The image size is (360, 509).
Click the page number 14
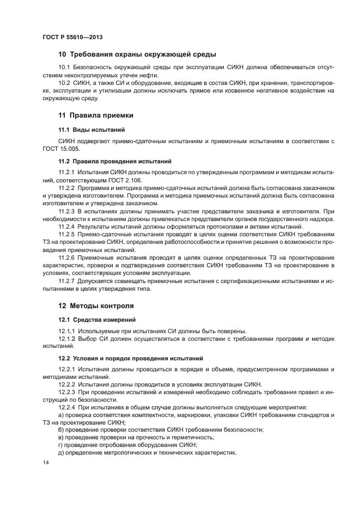45,463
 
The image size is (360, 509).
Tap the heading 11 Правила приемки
96,115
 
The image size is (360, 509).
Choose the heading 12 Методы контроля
96,305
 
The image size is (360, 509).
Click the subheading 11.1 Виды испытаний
92,130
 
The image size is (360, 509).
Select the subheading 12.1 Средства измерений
97,318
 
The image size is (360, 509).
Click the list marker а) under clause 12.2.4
62,415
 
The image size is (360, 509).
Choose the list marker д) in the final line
62,452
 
